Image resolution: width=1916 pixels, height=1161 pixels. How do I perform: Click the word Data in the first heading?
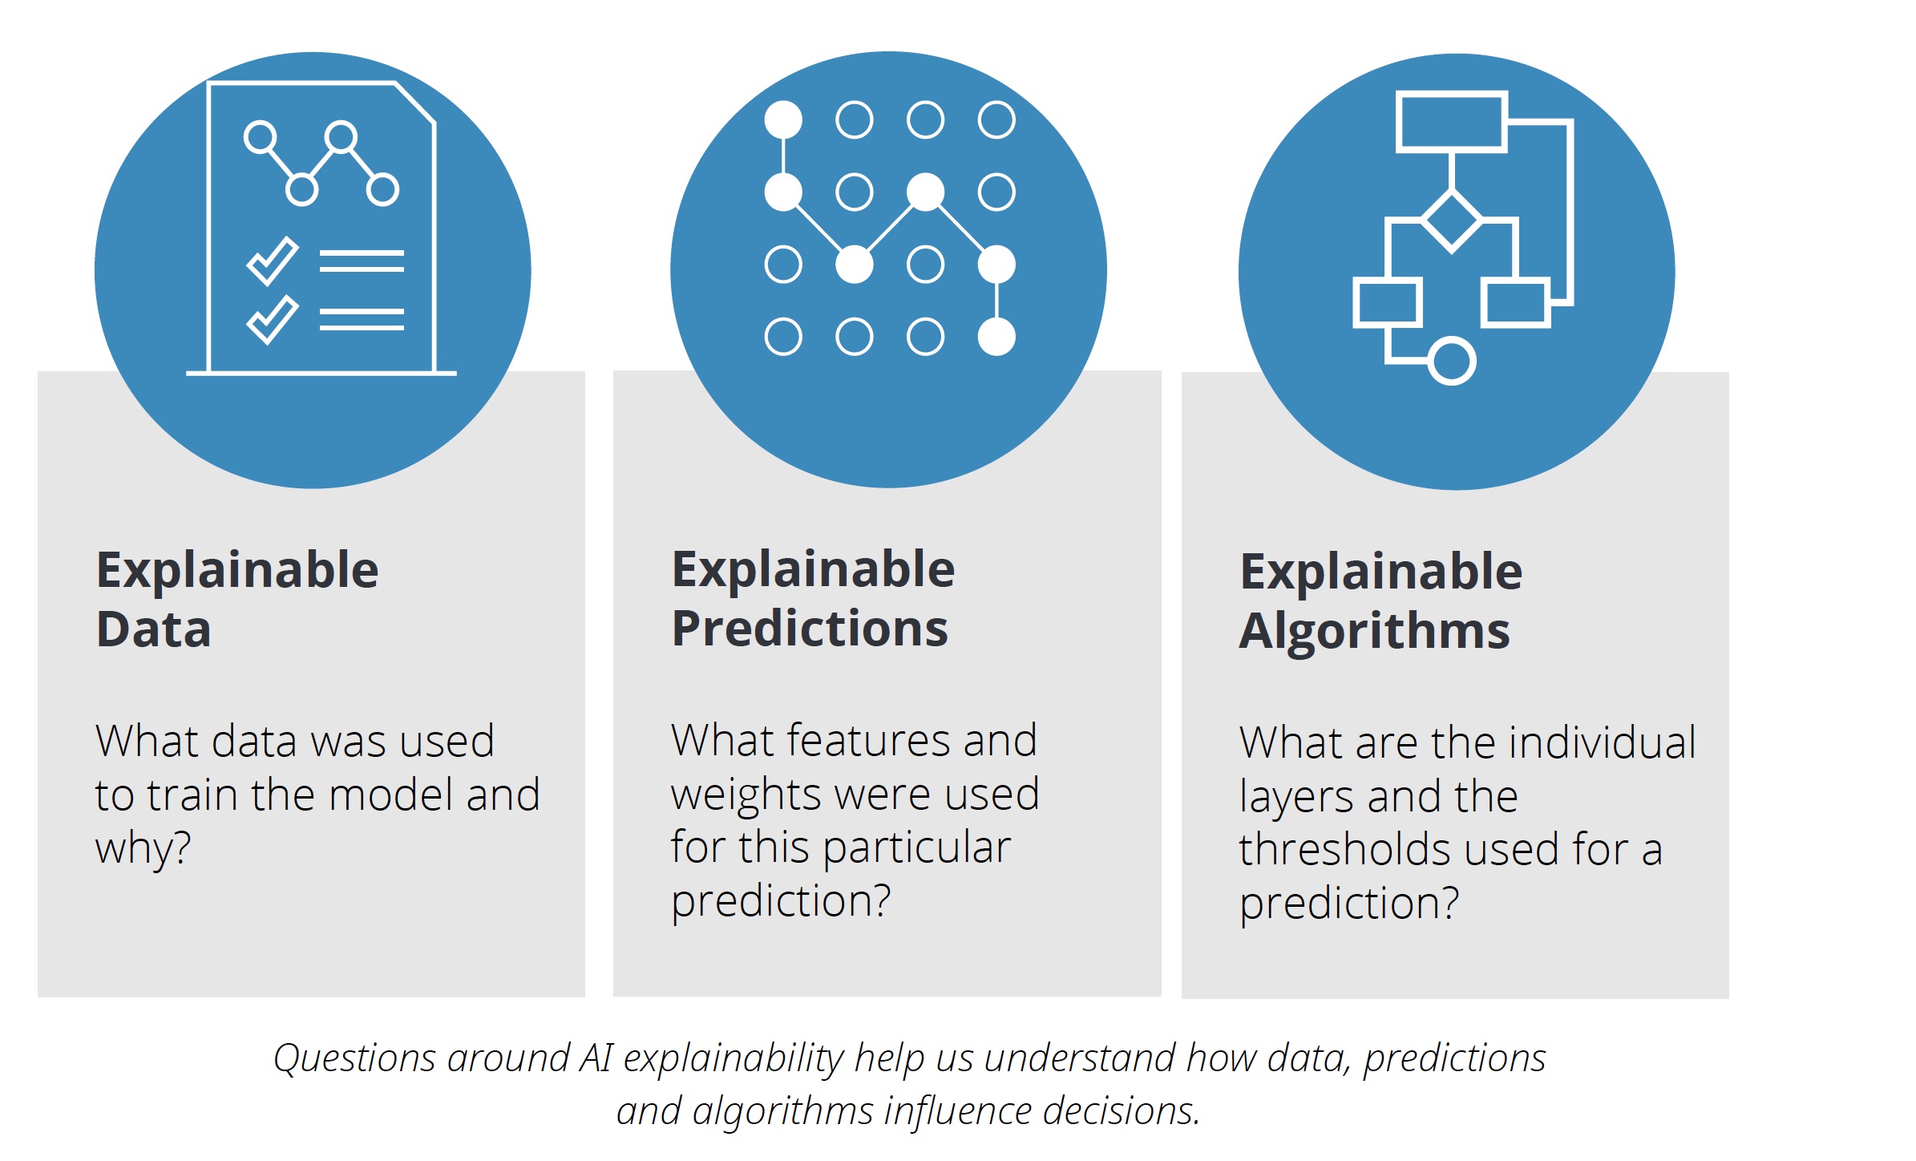(154, 629)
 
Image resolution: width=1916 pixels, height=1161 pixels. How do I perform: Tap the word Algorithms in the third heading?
(1374, 632)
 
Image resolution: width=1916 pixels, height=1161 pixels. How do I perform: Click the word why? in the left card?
(143, 848)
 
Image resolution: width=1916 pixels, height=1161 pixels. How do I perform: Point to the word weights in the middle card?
(746, 795)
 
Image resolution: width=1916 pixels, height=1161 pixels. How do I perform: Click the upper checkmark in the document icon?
(273, 262)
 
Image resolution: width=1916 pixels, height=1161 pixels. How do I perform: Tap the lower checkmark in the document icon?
(273, 321)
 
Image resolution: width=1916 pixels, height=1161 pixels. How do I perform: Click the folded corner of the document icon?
(415, 103)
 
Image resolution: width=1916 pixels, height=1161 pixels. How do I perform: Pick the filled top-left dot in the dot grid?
(783, 120)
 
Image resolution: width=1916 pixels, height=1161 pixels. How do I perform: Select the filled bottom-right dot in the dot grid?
(996, 337)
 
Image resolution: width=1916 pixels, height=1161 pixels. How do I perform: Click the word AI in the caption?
(596, 1058)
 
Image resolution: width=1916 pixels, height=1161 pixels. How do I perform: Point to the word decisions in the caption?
(1121, 1111)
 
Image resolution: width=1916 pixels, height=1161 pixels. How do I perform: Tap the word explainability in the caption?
(734, 1059)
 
